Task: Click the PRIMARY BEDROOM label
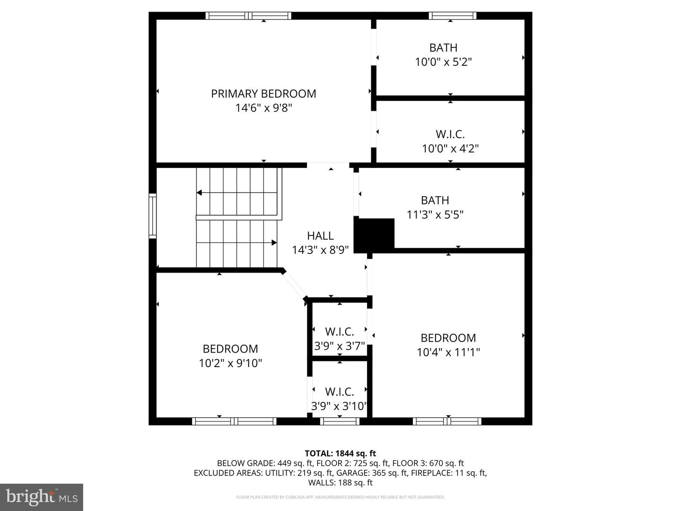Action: [x=263, y=94]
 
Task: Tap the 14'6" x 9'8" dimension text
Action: [x=263, y=108]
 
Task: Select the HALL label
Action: [x=320, y=236]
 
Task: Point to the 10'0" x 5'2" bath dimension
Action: [x=443, y=62]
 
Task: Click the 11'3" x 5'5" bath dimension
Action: [x=435, y=215]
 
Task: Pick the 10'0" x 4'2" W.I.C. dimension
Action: [x=450, y=149]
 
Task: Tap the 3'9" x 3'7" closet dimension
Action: [x=340, y=346]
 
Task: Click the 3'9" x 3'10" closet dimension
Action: [x=339, y=406]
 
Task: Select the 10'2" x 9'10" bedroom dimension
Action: [x=230, y=363]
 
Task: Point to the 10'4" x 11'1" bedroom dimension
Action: [x=448, y=352]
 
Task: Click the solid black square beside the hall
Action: [x=375, y=235]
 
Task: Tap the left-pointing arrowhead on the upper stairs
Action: [x=200, y=193]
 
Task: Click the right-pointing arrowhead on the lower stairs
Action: [x=274, y=243]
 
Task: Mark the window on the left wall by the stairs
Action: [x=152, y=215]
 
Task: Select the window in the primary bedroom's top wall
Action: [x=248, y=16]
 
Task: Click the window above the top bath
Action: [x=453, y=16]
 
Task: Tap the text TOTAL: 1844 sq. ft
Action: [x=340, y=453]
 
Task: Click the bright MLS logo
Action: [x=42, y=497]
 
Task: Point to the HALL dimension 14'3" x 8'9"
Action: [x=320, y=250]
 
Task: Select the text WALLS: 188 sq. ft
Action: [x=340, y=483]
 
